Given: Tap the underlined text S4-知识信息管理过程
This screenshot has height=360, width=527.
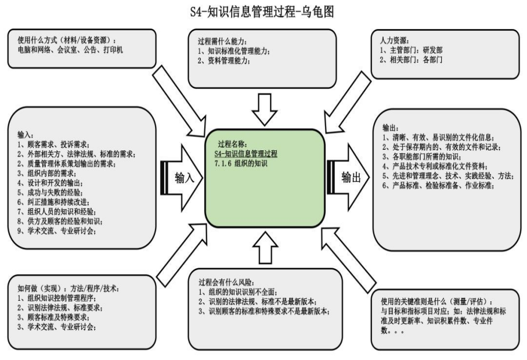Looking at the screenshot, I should pos(246,154).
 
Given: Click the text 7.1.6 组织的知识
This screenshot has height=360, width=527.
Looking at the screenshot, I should pos(239,164).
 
